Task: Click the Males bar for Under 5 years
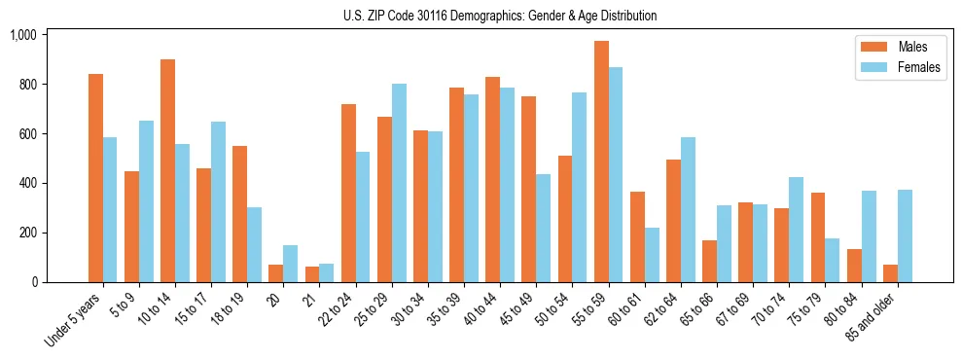click(95, 178)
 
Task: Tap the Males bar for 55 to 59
click(601, 162)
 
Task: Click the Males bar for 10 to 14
click(167, 170)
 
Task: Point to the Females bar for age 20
click(290, 264)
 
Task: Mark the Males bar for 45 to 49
click(528, 189)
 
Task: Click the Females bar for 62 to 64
click(688, 209)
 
